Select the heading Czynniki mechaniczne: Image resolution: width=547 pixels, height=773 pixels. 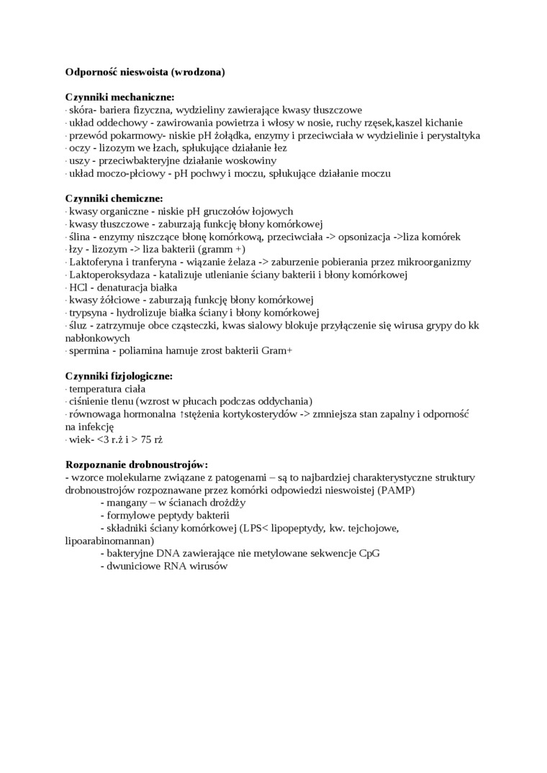click(x=119, y=97)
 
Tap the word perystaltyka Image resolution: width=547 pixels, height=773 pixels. click(x=451, y=135)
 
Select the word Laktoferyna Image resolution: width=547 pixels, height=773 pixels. click(x=96, y=262)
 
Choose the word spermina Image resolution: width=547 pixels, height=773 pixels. click(x=90, y=351)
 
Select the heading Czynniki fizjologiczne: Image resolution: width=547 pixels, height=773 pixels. click(x=119, y=376)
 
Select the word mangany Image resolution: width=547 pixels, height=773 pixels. click(x=125, y=503)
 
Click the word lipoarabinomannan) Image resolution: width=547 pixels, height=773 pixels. click(x=109, y=541)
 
